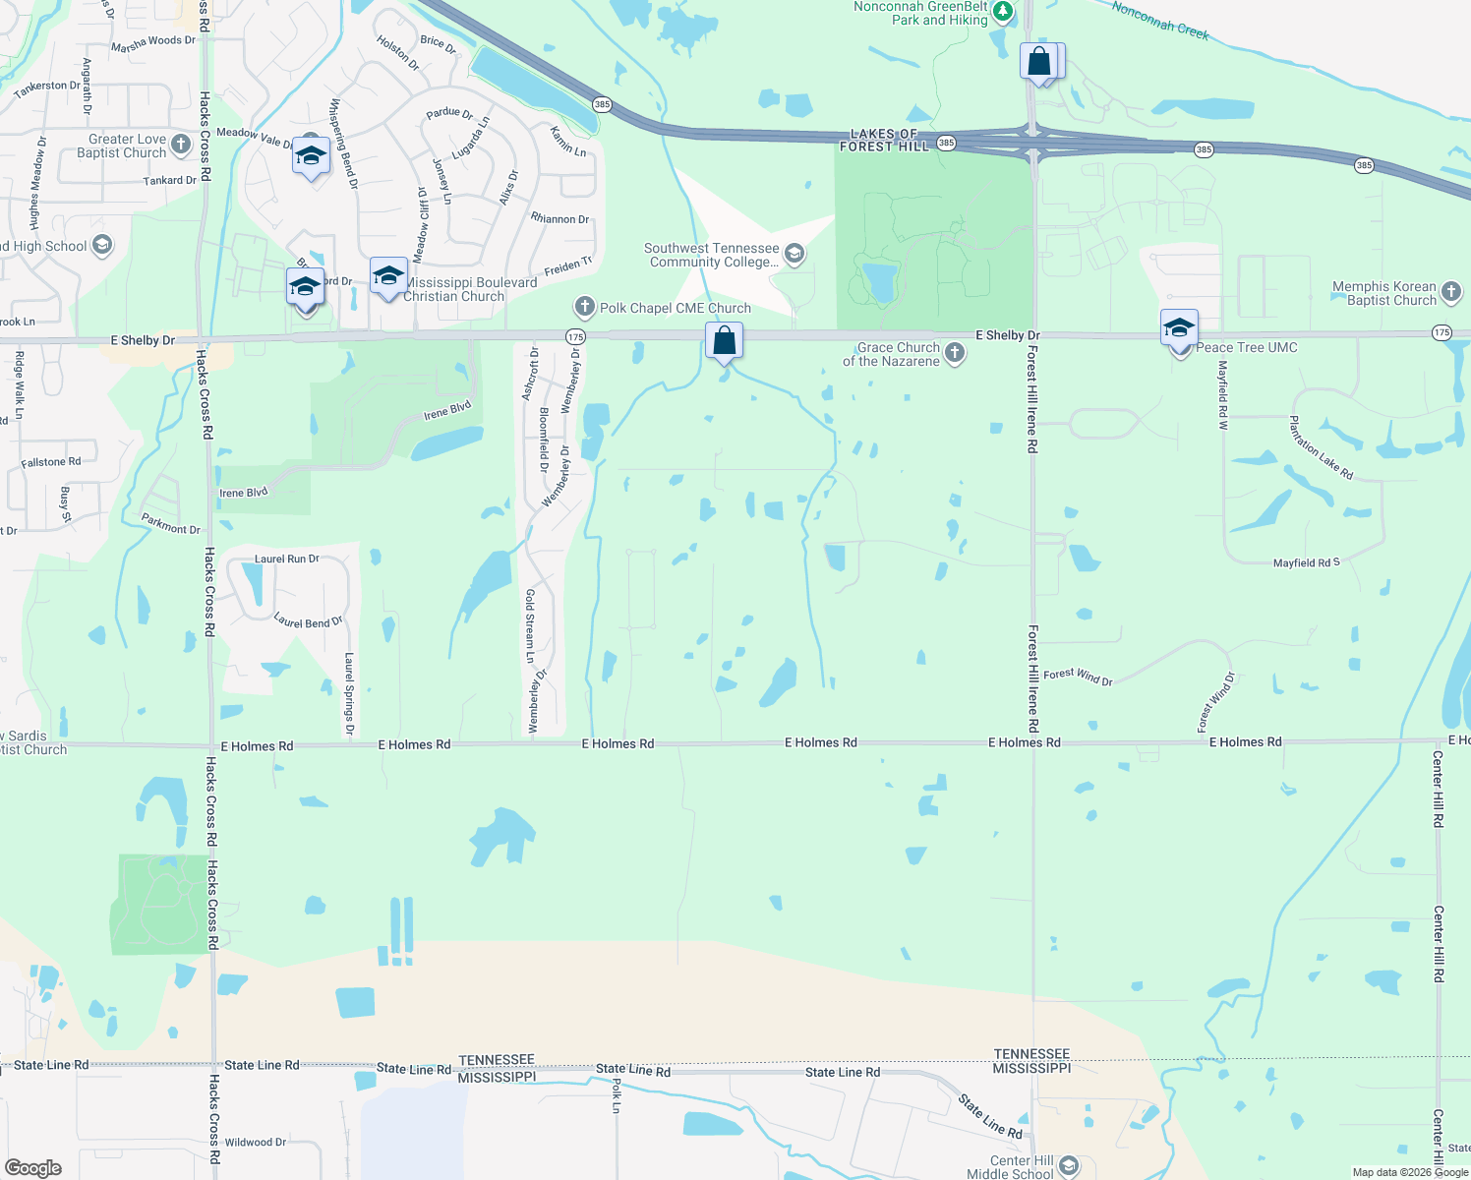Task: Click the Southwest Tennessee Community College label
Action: coord(712,256)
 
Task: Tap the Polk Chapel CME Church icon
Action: coord(585,308)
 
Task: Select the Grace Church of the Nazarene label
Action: coord(891,354)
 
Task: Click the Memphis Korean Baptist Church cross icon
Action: coord(1451,291)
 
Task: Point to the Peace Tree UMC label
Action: coord(1247,347)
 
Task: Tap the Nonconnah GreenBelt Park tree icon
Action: coord(1003,12)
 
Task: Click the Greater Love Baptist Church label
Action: coord(122,146)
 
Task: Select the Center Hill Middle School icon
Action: coord(1069,1166)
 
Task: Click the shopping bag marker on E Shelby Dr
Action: coord(725,341)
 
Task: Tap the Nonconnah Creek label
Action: coord(1160,20)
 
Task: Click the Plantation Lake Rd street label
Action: coord(1321,448)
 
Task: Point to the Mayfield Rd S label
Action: coord(1306,562)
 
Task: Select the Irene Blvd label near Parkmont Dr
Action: coord(243,493)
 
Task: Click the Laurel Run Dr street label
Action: coord(286,559)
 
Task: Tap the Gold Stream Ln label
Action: coord(530,625)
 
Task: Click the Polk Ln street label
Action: coord(617,1095)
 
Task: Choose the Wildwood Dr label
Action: coord(255,1143)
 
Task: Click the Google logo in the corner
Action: coord(33,1168)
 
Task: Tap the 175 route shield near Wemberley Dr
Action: coord(576,336)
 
